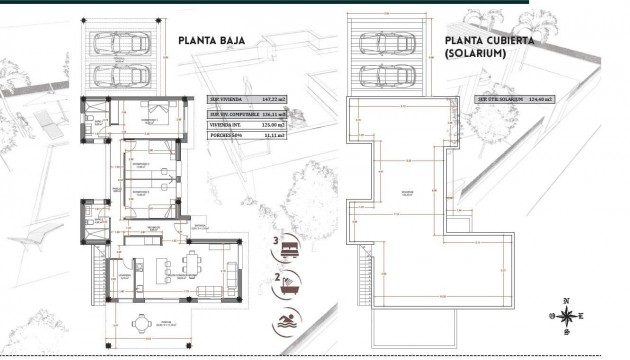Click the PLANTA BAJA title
(211, 42)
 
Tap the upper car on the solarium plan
(392, 43)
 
